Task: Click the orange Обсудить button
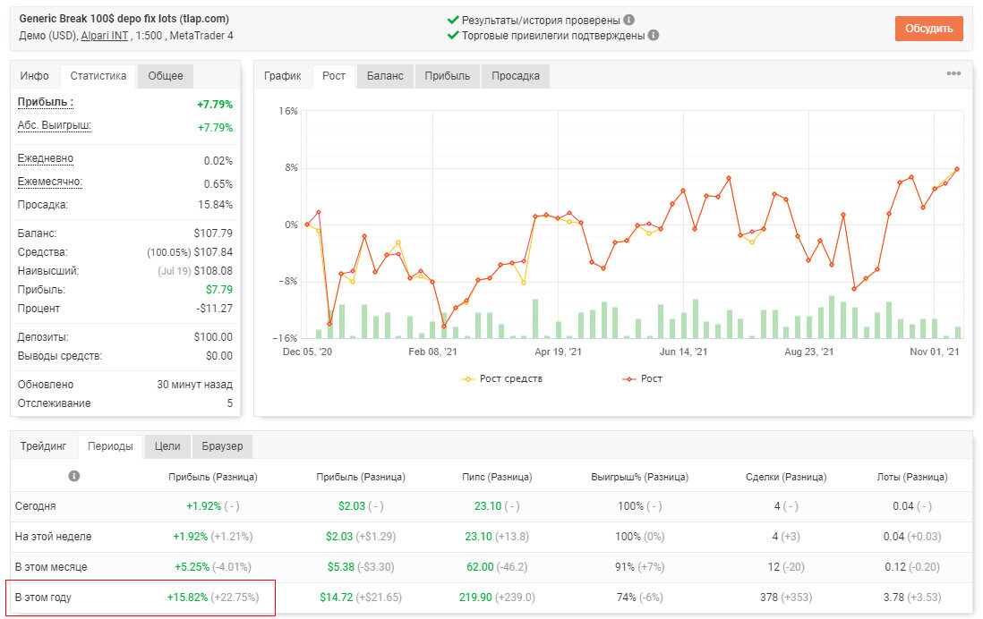tap(928, 29)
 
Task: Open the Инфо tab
tap(35, 76)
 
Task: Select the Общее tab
tap(166, 76)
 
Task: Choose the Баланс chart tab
tap(385, 76)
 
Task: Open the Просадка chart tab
tap(516, 76)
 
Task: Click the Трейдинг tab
tap(43, 446)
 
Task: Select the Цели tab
tap(167, 446)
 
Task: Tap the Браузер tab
tap(222, 446)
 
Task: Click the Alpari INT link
tap(105, 36)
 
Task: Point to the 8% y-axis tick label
tap(291, 167)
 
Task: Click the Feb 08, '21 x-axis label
tap(432, 352)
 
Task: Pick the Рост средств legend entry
tap(502, 378)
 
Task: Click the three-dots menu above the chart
tap(953, 73)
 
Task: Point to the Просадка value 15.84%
tap(215, 205)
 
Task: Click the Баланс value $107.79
tap(213, 233)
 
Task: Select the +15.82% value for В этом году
tap(187, 597)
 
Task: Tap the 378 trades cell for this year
tap(769, 597)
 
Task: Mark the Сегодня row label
tap(36, 506)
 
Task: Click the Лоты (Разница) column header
tap(912, 477)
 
